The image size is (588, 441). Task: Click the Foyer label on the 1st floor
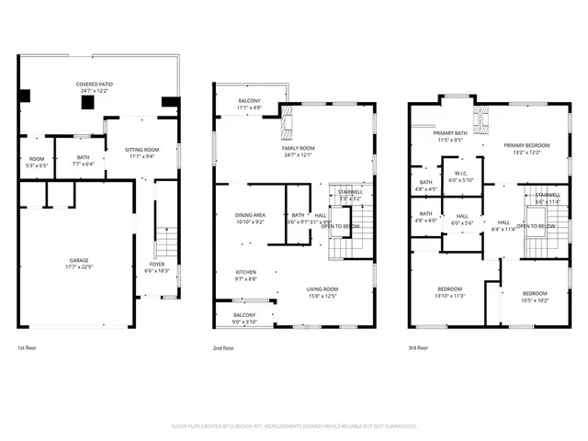pyautogui.click(x=157, y=265)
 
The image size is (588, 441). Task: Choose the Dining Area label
pyautogui.click(x=250, y=215)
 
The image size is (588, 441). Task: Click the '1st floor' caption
pyautogui.click(x=28, y=348)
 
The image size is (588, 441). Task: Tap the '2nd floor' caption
pyautogui.click(x=223, y=348)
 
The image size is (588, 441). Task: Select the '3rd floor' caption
pyautogui.click(x=418, y=348)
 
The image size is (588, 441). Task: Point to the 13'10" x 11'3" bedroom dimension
pyautogui.click(x=450, y=296)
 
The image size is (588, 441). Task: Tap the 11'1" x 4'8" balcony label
pyautogui.click(x=249, y=107)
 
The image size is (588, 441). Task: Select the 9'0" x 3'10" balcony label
pyautogui.click(x=244, y=322)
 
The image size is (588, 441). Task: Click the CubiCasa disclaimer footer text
pyautogui.click(x=294, y=426)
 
